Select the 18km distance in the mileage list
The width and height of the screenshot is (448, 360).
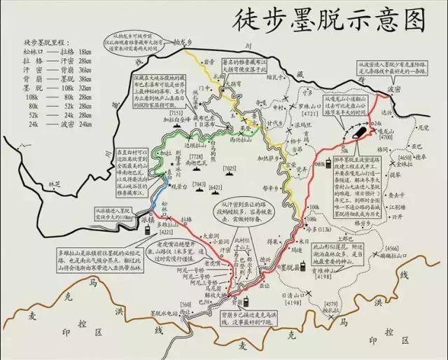point(86,51)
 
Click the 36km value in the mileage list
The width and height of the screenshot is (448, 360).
point(86,71)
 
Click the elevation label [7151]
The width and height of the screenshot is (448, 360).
point(176,113)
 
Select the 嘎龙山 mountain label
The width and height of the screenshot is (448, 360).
point(385,131)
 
